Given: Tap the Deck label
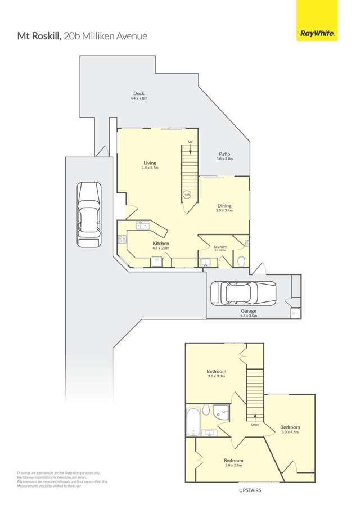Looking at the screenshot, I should tap(138, 94).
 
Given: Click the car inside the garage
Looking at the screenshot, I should tap(242, 292).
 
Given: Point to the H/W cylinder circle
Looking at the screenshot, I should tap(187, 195).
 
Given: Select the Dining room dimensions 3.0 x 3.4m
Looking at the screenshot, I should tap(224, 211).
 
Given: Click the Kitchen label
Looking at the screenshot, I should tap(161, 244).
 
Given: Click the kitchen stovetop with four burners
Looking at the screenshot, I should tap(121, 240).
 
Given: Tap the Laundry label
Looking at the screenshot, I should tap(220, 246).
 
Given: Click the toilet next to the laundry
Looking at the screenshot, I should tap(241, 260).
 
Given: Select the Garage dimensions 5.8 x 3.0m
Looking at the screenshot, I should tap(249, 316).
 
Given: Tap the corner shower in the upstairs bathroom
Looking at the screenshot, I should tap(224, 413).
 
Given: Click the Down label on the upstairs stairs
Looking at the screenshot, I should tap(255, 425).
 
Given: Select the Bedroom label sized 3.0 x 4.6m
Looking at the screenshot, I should tap(290, 427).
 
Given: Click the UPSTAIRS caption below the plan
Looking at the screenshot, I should tap(250, 490).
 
